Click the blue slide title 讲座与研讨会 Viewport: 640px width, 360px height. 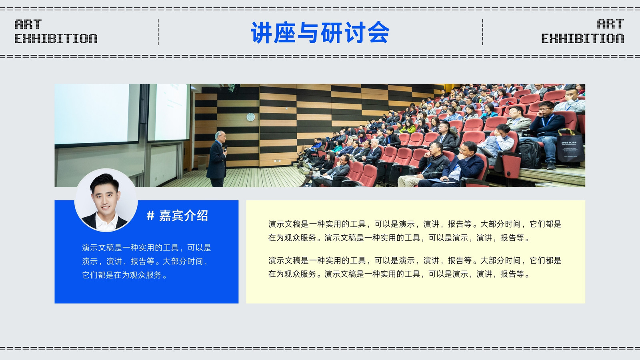[320, 32]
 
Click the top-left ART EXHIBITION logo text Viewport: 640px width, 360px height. [56, 32]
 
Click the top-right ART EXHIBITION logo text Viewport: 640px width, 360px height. [582, 32]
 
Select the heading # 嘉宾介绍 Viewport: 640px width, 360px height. [177, 216]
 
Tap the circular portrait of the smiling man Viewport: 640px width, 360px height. [106, 200]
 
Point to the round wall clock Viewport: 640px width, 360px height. [250, 117]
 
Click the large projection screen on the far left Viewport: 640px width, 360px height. [96, 114]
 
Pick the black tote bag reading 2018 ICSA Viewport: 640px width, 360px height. [570, 148]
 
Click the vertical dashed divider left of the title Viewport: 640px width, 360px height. [158, 32]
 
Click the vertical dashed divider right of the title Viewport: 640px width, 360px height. [482, 32]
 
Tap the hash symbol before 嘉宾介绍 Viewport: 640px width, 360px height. [150, 216]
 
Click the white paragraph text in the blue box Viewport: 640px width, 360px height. [146, 261]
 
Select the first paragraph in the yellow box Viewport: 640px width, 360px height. [414, 231]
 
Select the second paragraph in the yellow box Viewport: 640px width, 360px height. [414, 267]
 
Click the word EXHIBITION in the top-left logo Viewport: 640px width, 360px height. [56, 38]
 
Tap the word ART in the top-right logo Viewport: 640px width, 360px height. [610, 24]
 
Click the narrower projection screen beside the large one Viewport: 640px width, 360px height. [169, 112]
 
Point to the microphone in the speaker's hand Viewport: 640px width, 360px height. [226, 148]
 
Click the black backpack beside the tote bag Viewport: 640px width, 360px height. [530, 154]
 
